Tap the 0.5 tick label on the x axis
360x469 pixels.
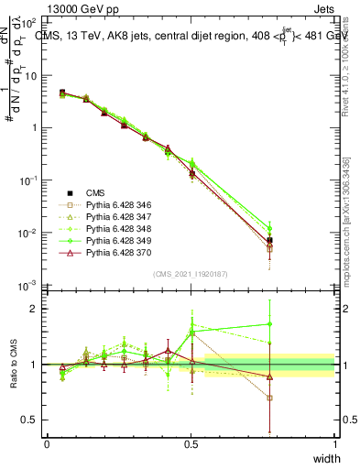point(191,443)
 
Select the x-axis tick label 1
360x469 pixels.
point(334,443)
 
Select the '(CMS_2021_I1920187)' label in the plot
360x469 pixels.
point(190,274)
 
